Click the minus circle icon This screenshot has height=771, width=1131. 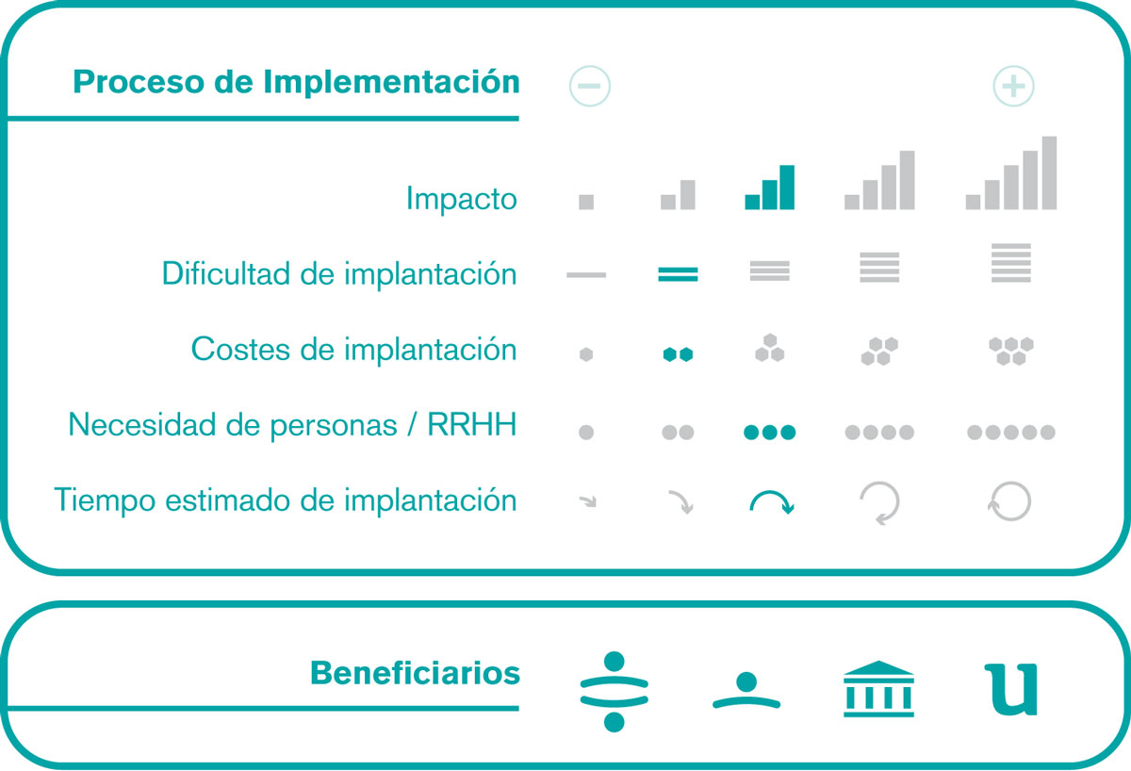click(590, 86)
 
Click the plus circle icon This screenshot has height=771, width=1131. click(1013, 86)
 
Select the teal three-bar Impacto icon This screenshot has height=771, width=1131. click(769, 188)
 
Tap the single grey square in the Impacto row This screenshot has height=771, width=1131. click(586, 202)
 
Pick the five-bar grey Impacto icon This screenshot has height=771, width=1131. click(1010, 172)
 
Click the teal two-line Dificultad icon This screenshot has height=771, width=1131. click(678, 274)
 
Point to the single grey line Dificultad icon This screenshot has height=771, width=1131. click(586, 275)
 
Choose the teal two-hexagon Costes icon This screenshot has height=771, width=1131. click(678, 354)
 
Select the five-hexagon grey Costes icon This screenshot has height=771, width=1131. click(1010, 351)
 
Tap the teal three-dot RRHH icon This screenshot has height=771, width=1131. click(769, 433)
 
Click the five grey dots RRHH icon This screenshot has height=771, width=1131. click(1010, 433)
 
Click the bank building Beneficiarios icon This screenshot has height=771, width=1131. click(878, 689)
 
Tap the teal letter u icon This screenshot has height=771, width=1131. click(1011, 690)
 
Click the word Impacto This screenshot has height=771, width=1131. click(462, 199)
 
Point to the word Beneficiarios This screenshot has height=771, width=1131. click(415, 673)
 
